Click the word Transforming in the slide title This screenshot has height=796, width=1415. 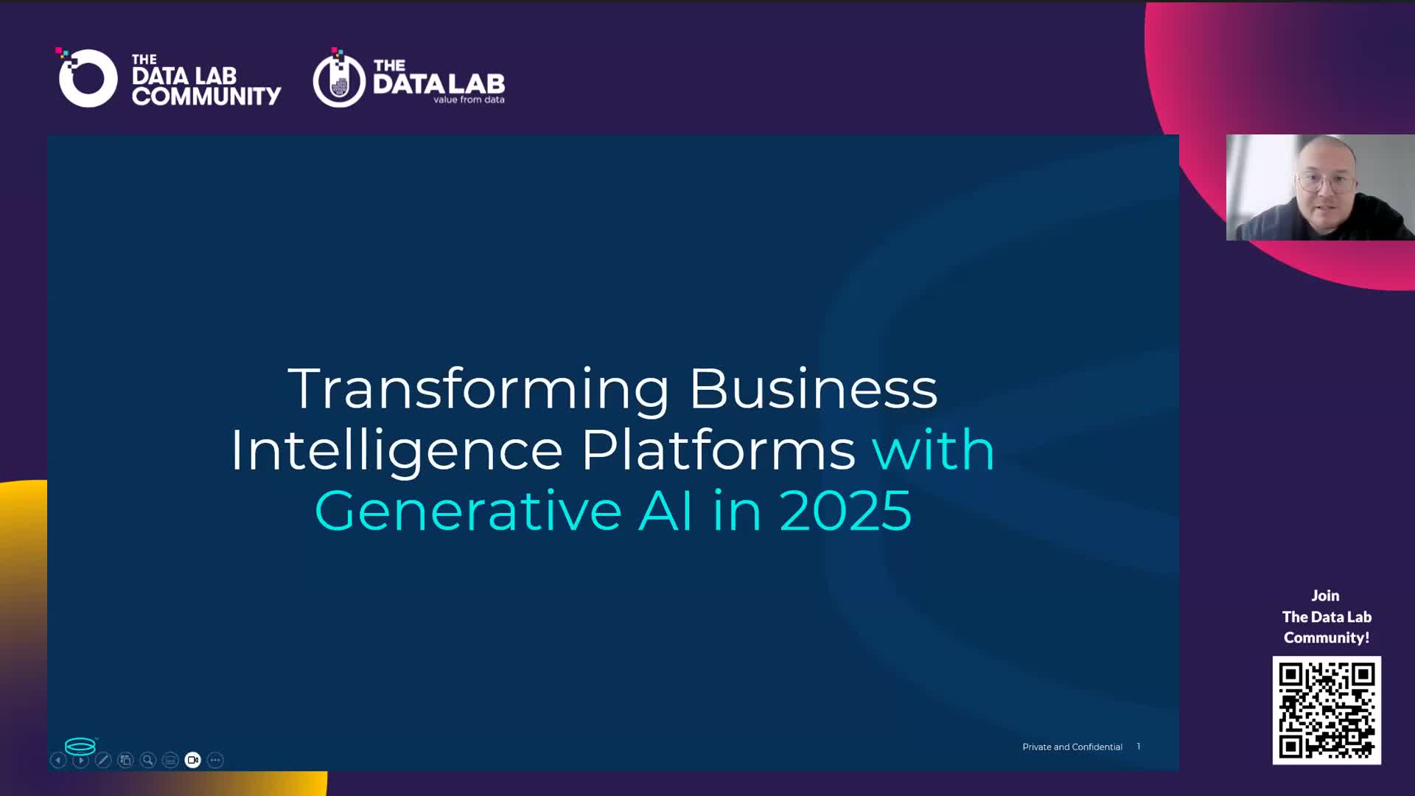479,390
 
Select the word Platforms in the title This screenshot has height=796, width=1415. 719,450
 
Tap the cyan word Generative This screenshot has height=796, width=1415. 468,511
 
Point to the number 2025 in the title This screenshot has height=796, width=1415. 845,511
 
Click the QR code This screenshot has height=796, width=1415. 1327,711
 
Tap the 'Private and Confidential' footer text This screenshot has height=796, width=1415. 1072,747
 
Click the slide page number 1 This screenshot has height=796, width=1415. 1139,747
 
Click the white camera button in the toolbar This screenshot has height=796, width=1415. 192,760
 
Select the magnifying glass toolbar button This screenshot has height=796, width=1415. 148,760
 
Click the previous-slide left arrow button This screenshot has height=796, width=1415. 58,760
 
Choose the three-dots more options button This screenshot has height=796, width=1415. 215,760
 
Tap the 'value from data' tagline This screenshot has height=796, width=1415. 469,99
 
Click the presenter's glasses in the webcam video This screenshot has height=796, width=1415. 1325,180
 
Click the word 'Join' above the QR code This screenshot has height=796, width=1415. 1325,596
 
